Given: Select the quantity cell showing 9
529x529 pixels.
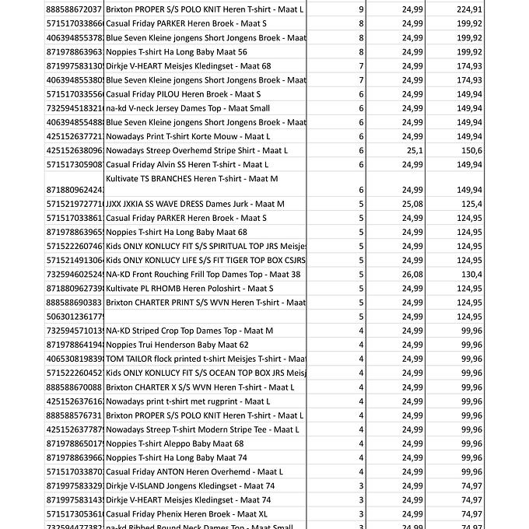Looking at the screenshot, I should click(361, 9).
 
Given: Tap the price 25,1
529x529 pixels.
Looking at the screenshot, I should click(414, 150).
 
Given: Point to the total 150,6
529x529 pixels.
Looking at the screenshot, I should click(493, 150).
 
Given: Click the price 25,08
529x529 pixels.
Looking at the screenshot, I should click(413, 204).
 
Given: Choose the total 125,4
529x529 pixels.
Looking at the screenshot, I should click(493, 204).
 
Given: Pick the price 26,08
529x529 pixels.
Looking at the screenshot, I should click(413, 274).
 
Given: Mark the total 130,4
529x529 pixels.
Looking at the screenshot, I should click(493, 274).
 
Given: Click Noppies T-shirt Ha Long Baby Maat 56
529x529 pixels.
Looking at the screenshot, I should click(176, 51).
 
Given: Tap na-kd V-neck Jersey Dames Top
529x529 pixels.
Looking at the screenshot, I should click(187, 108).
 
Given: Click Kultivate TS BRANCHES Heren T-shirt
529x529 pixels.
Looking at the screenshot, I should click(191, 178).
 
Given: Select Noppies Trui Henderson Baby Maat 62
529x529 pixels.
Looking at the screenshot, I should click(177, 345).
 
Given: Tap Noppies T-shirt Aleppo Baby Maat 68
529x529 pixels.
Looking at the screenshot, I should click(174, 443).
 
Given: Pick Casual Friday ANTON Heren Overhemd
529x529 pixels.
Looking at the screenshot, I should click(194, 471).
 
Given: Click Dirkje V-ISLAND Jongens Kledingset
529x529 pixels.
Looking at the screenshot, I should click(190, 485).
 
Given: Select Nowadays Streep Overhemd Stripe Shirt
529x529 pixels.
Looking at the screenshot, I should click(196, 150).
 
